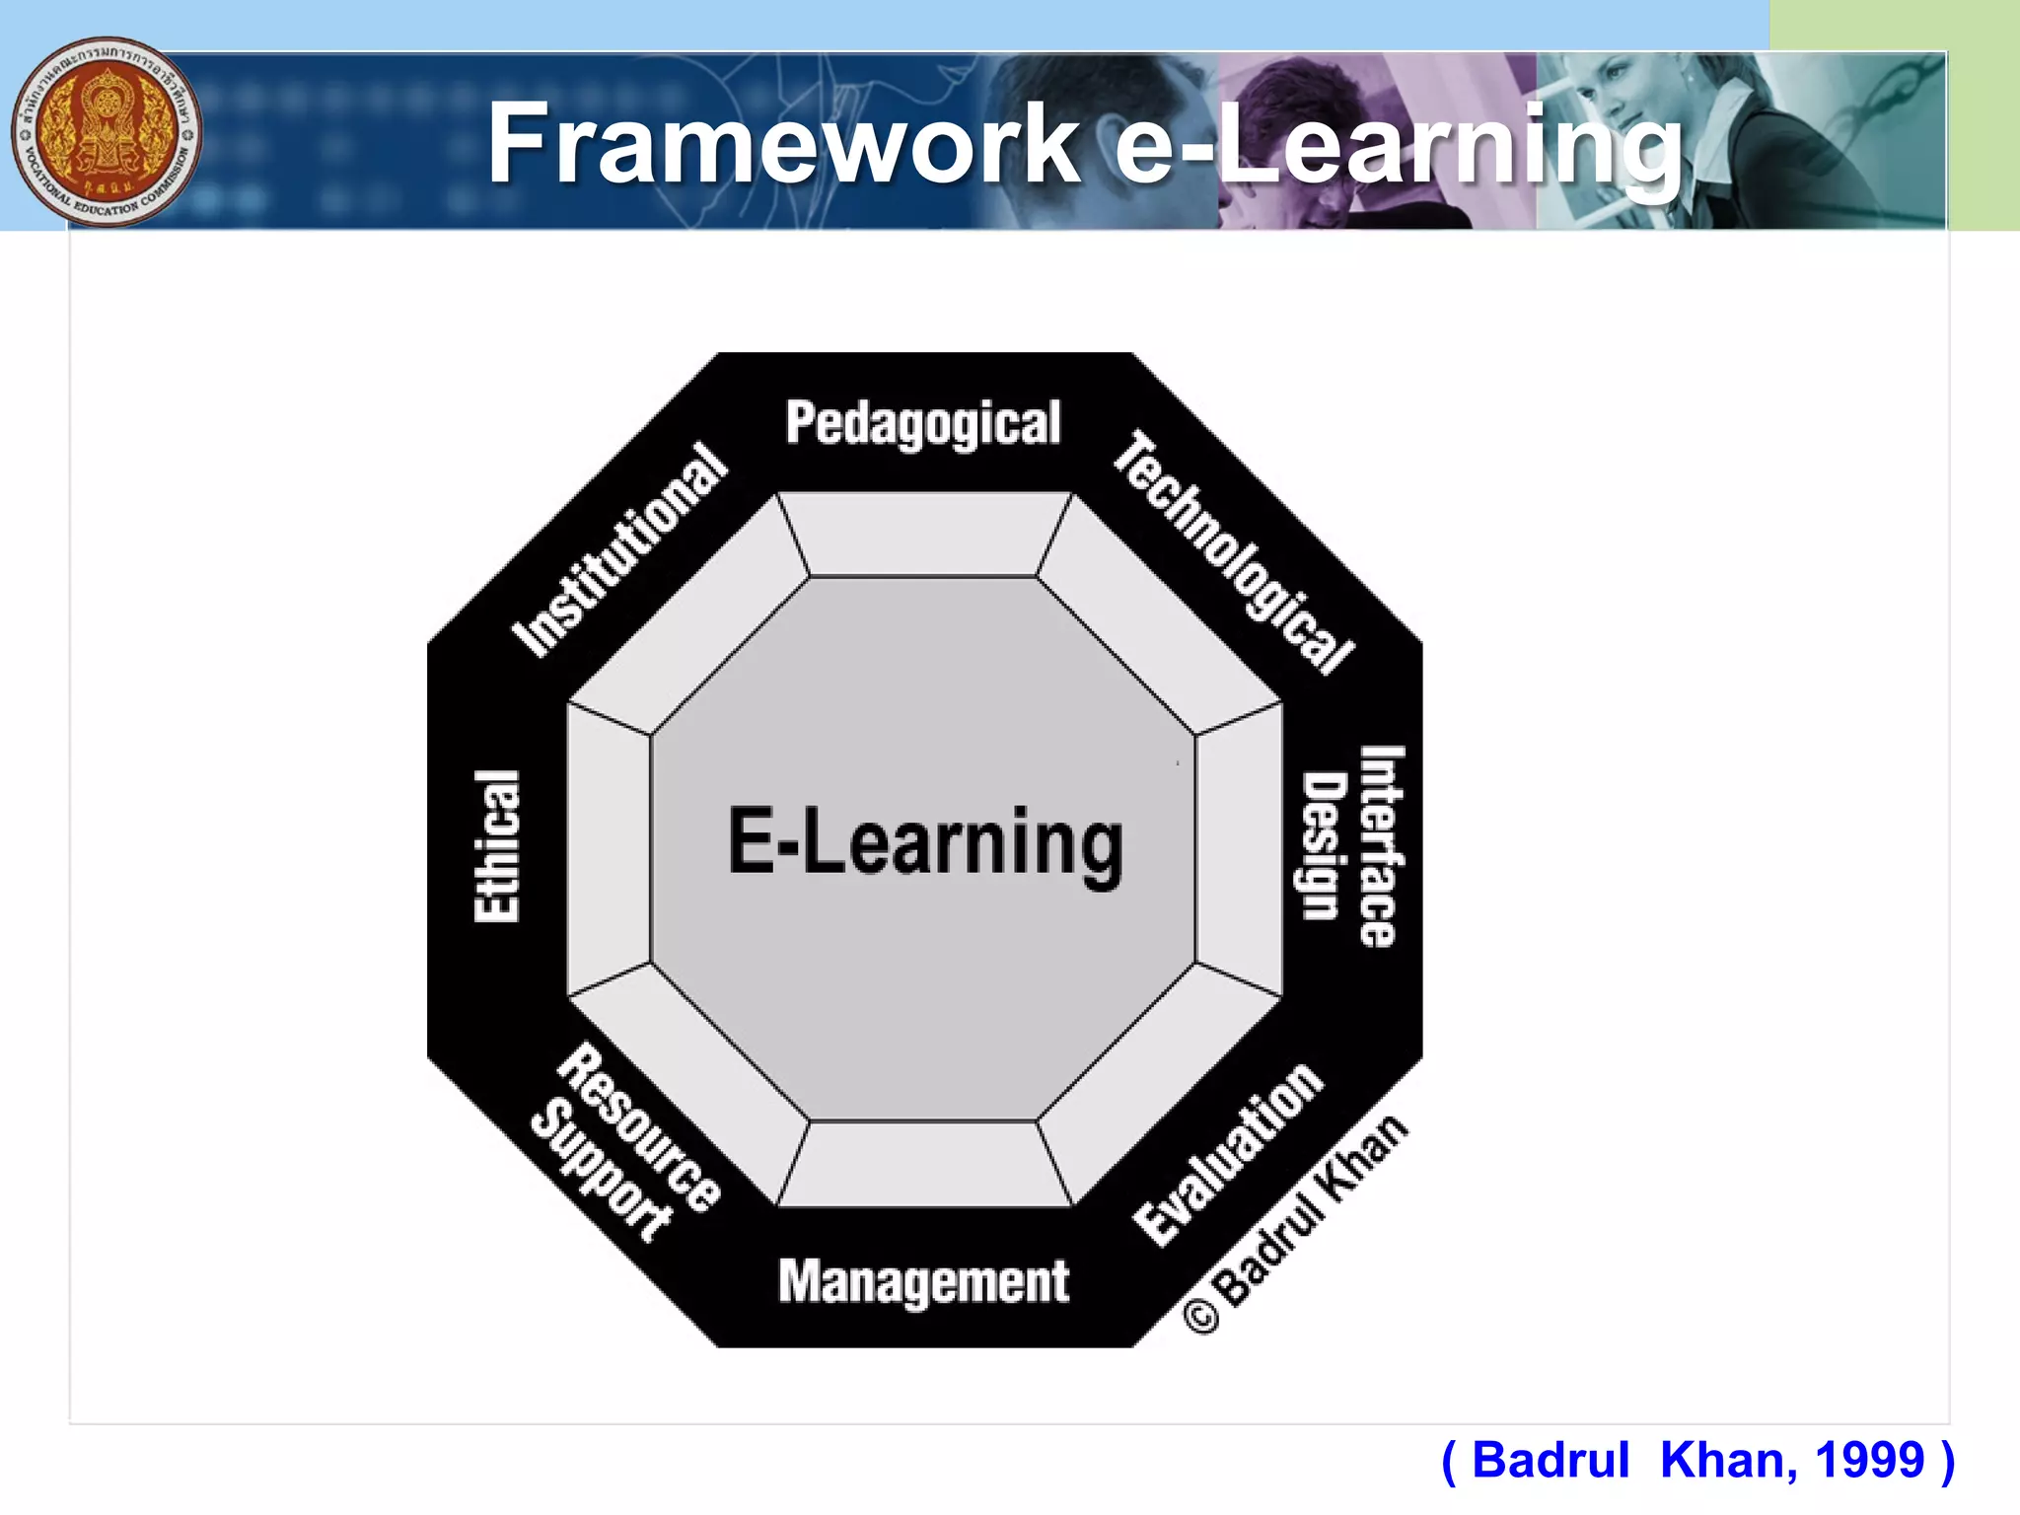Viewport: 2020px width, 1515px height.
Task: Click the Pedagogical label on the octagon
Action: (x=923, y=424)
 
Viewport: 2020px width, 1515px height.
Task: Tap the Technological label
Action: (x=1233, y=552)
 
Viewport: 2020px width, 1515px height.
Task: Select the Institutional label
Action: (x=621, y=548)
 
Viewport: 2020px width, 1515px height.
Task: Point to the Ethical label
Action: (x=497, y=846)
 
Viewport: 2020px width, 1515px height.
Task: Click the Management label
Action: (x=923, y=1282)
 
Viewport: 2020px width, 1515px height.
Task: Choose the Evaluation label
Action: (x=1229, y=1154)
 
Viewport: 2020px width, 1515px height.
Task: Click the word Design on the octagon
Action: (x=1324, y=846)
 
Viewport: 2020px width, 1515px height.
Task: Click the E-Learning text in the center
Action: (x=925, y=844)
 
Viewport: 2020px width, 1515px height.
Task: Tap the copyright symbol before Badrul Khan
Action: (x=1201, y=1316)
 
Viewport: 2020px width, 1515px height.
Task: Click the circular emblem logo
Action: (x=107, y=132)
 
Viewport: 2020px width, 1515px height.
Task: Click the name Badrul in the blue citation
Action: (x=1551, y=1460)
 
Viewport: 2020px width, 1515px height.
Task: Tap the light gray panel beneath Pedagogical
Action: (x=923, y=535)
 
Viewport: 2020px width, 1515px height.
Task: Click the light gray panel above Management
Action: (x=923, y=1164)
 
